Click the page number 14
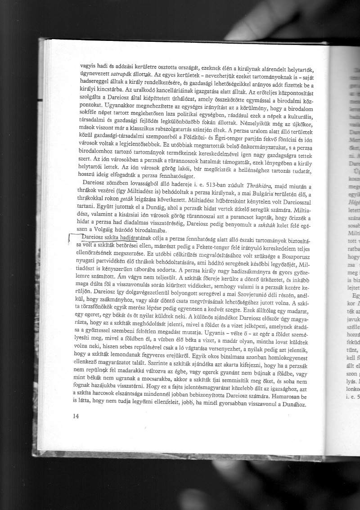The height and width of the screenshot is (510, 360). click(x=75, y=416)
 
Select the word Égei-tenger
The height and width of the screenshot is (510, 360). click(x=253, y=143)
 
